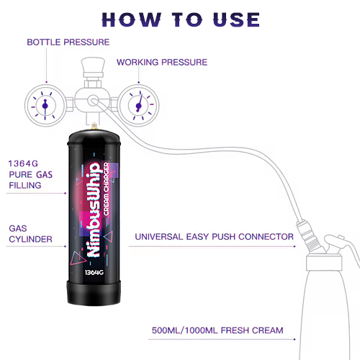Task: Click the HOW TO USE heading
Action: point(181,19)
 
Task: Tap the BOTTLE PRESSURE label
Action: point(68,42)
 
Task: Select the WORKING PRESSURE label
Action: point(162,62)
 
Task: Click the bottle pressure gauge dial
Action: point(45,105)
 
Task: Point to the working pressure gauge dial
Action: point(139,105)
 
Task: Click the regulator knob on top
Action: point(93,67)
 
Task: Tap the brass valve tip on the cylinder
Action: point(94,125)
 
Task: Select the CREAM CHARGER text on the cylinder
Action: point(106,189)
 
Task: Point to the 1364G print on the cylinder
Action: point(94,272)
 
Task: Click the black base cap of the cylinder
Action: point(94,293)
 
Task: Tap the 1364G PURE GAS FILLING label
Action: point(30,174)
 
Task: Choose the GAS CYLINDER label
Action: point(30,234)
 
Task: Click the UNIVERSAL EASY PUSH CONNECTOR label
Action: point(214,237)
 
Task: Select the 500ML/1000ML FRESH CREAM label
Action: point(217,330)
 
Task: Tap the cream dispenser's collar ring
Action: point(324,263)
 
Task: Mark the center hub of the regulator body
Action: point(93,101)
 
